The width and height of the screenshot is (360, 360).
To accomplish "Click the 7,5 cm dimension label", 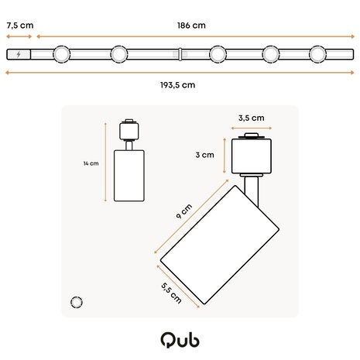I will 19,25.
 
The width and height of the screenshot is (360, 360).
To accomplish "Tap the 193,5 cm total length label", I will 178,84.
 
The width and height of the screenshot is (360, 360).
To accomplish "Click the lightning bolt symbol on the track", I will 19,54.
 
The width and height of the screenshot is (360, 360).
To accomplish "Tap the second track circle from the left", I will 119,54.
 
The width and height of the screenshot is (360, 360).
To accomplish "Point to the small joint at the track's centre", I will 179,54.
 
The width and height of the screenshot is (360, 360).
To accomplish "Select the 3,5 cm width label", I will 252,118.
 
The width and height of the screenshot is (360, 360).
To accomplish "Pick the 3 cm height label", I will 204,155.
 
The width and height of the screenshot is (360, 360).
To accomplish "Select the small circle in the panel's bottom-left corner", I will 76,301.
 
